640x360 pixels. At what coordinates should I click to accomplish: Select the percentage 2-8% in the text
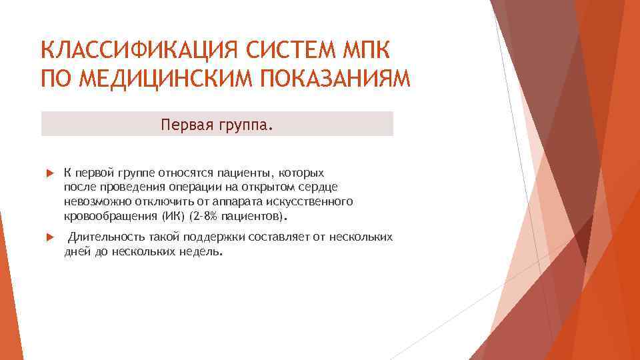coord(205,217)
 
